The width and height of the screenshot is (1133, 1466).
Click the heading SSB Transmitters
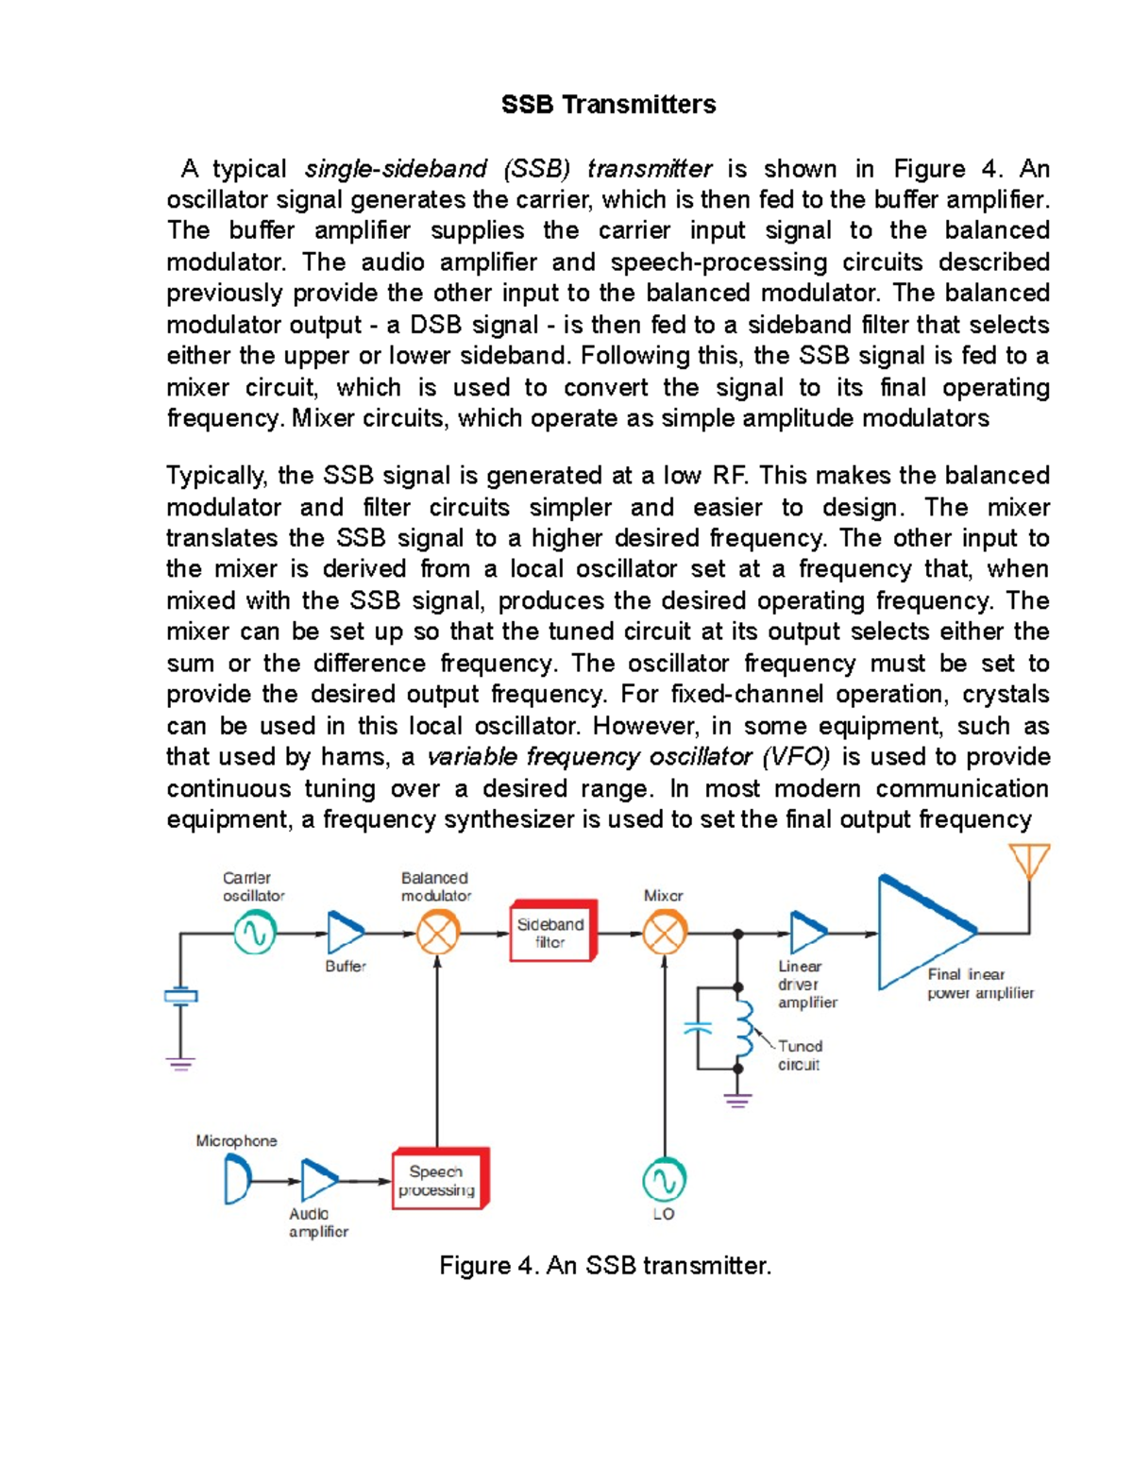(x=608, y=105)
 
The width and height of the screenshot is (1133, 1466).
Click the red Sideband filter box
(x=552, y=933)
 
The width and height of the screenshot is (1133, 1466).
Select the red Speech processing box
(x=439, y=1180)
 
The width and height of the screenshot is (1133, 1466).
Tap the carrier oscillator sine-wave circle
(x=255, y=934)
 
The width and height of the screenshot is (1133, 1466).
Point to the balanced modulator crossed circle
(x=437, y=934)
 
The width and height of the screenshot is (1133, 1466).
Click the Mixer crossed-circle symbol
(x=665, y=934)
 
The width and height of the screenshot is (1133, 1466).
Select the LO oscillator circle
(x=664, y=1180)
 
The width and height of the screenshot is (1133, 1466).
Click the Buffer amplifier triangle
(x=343, y=933)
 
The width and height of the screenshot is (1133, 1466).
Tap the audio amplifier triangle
(x=318, y=1180)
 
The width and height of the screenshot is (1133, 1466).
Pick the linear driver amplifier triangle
(x=805, y=933)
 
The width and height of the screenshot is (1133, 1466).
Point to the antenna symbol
(x=1028, y=861)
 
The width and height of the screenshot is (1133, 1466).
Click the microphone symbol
(x=237, y=1180)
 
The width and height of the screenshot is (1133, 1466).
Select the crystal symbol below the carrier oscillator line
(x=180, y=996)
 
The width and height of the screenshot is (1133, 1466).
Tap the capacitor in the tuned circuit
(x=698, y=1028)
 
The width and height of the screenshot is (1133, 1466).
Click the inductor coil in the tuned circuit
(x=744, y=1029)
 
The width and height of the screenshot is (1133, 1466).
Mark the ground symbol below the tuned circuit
(x=737, y=1099)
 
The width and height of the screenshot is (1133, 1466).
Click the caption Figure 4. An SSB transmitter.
(x=605, y=1266)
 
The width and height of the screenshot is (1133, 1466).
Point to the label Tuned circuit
(x=800, y=1055)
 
